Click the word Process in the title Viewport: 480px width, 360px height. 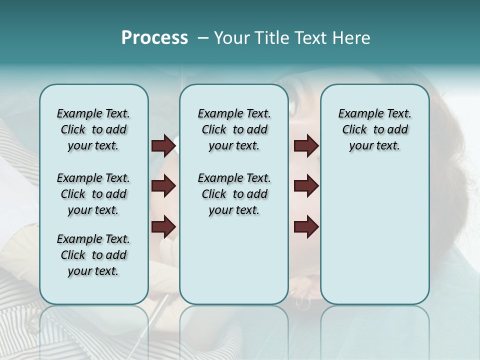click(x=154, y=38)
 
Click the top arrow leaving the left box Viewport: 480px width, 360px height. click(x=163, y=146)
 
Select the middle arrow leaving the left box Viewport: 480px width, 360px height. click(x=163, y=186)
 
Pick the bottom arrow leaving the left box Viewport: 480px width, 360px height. click(x=163, y=227)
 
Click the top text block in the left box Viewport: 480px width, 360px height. click(x=93, y=129)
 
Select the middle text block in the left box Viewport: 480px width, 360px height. click(x=93, y=194)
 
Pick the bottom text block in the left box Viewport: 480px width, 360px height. click(x=93, y=255)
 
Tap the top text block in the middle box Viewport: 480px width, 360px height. click(x=234, y=129)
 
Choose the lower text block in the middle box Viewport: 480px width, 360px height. click(x=234, y=194)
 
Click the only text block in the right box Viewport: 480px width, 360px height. click(x=375, y=129)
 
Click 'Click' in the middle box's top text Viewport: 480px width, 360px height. click(x=214, y=130)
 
